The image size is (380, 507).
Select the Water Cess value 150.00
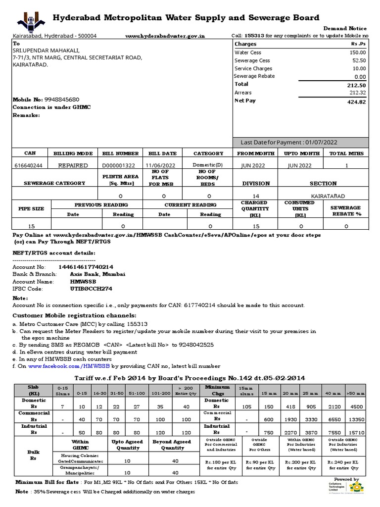point(357,52)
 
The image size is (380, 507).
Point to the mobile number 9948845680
point(62,100)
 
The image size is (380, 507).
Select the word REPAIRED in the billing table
point(73,165)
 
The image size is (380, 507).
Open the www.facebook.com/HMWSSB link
point(68,366)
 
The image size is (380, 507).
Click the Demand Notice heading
point(345,29)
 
